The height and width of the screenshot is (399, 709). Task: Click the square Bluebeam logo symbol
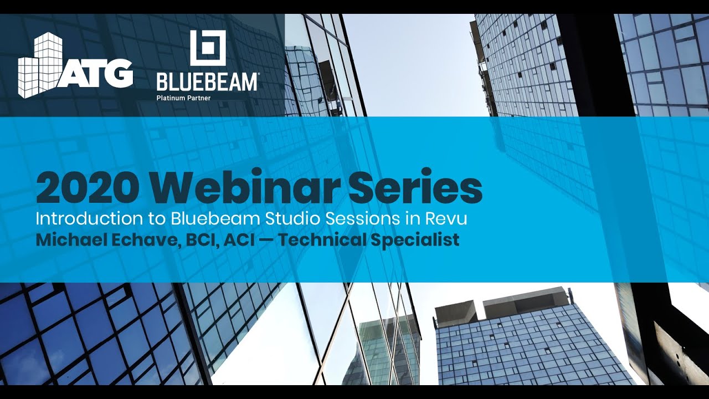click(x=208, y=48)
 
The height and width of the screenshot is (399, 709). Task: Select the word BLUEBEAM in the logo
click(x=207, y=82)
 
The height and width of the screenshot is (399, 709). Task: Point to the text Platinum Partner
click(x=183, y=98)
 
